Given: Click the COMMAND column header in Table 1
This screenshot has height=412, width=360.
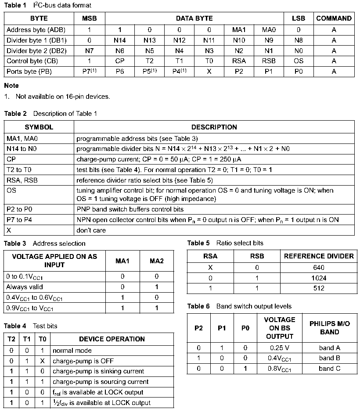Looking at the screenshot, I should pyautogui.click(x=334, y=18).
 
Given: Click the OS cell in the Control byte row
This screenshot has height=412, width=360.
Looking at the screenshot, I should pyautogui.click(x=299, y=61).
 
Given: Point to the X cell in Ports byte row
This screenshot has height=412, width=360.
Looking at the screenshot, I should pyautogui.click(x=209, y=72).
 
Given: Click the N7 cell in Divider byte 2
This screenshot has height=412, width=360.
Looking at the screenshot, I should pyautogui.click(x=89, y=50).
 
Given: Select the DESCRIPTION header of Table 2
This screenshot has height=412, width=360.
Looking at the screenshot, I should pyautogui.click(x=214, y=127).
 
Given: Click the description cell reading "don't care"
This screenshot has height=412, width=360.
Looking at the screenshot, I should pyautogui.click(x=91, y=230).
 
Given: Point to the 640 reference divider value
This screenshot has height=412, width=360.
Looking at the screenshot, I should pyautogui.click(x=319, y=267).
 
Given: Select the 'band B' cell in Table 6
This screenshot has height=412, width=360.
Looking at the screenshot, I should pyautogui.click(x=329, y=358).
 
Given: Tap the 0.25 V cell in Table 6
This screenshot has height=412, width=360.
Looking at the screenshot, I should pyautogui.click(x=280, y=348).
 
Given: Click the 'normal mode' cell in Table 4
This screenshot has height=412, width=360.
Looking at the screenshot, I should pyautogui.click(x=72, y=351).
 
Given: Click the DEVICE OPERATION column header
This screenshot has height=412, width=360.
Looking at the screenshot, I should pyautogui.click(x=112, y=339).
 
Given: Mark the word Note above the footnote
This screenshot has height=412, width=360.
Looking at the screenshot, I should pyautogui.click(x=11, y=86).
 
